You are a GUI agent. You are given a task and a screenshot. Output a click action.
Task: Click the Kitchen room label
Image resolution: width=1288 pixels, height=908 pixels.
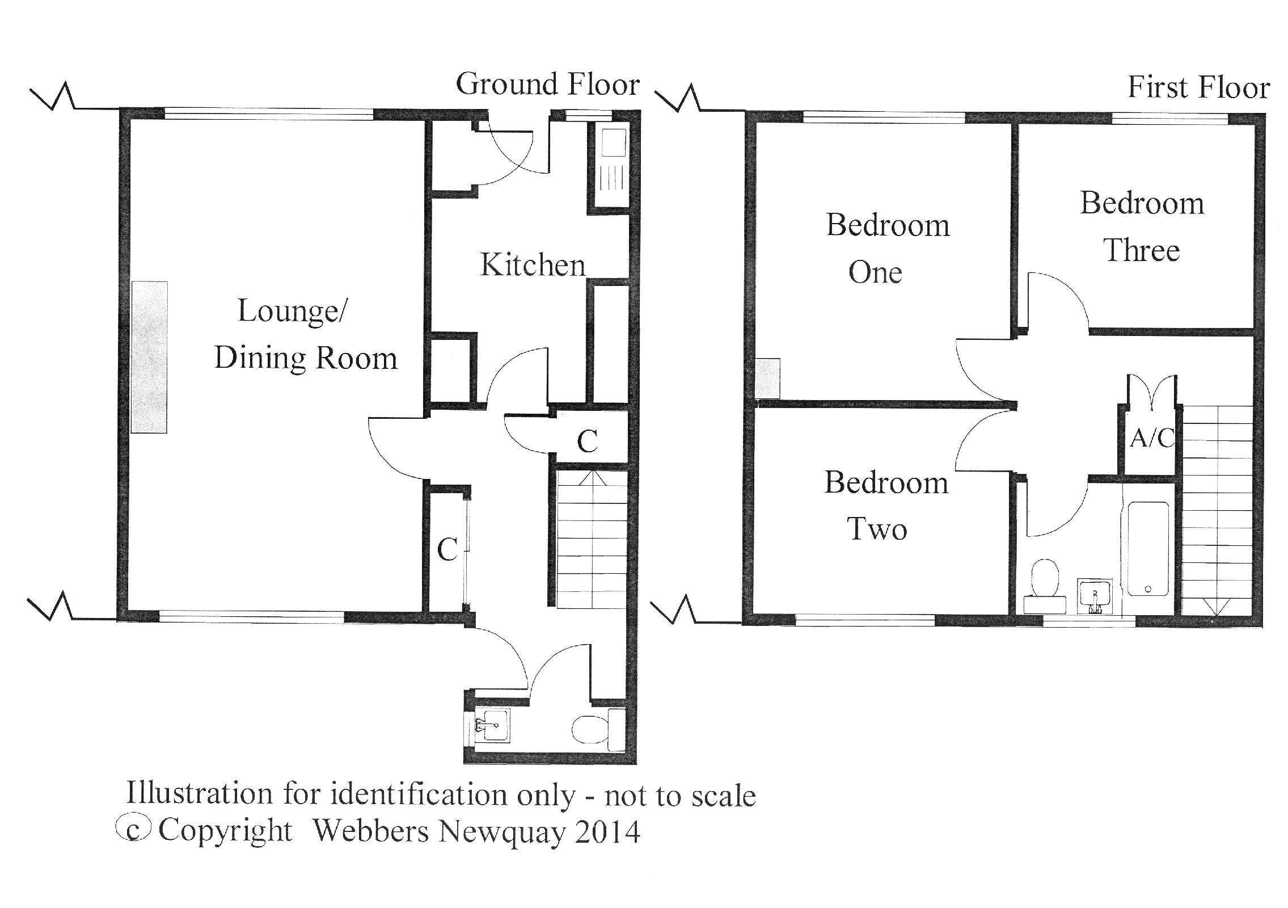pyautogui.click(x=532, y=265)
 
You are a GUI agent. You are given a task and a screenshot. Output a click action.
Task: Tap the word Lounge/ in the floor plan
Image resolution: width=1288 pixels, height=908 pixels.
pyautogui.click(x=292, y=312)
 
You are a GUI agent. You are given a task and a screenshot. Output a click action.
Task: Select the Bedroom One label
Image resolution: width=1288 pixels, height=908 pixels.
pyautogui.click(x=887, y=249)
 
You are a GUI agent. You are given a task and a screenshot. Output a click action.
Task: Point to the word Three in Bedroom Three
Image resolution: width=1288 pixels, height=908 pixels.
pyautogui.click(x=1141, y=250)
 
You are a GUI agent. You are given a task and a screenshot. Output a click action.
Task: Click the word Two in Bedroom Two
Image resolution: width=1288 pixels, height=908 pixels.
pyautogui.click(x=877, y=529)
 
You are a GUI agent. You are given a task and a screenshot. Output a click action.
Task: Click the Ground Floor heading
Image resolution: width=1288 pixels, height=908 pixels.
pyautogui.click(x=547, y=85)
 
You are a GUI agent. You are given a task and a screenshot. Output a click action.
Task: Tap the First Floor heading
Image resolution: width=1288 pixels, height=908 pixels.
pyautogui.click(x=1198, y=88)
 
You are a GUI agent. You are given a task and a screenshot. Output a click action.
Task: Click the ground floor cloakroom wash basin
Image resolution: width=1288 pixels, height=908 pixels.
pyautogui.click(x=492, y=725)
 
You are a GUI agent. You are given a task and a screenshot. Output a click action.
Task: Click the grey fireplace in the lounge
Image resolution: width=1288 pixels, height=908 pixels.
pyautogui.click(x=149, y=357)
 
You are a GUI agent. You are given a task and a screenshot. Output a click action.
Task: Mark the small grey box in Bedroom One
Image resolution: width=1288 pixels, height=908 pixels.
pyautogui.click(x=768, y=377)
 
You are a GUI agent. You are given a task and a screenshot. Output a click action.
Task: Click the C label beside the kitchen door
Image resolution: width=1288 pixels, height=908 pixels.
pyautogui.click(x=587, y=442)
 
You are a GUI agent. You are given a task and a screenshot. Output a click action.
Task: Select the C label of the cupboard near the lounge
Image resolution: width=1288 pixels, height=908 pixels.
pyautogui.click(x=447, y=549)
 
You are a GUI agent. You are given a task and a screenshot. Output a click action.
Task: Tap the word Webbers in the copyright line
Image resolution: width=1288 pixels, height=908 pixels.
pyautogui.click(x=371, y=831)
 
